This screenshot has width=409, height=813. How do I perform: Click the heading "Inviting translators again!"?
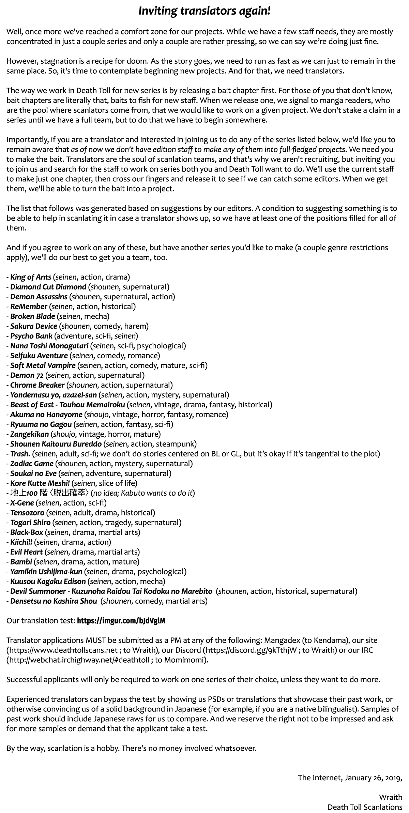204,11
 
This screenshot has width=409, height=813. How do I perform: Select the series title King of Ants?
31,277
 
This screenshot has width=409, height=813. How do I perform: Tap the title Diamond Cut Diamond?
48,287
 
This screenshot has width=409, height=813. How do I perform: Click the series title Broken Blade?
33,316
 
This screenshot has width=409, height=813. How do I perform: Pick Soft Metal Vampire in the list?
43,365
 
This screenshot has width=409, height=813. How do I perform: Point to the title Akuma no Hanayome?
46,415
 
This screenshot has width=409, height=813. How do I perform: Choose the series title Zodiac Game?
32,464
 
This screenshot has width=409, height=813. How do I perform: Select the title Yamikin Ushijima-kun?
46,571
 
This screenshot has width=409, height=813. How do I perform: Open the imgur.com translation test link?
121,621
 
